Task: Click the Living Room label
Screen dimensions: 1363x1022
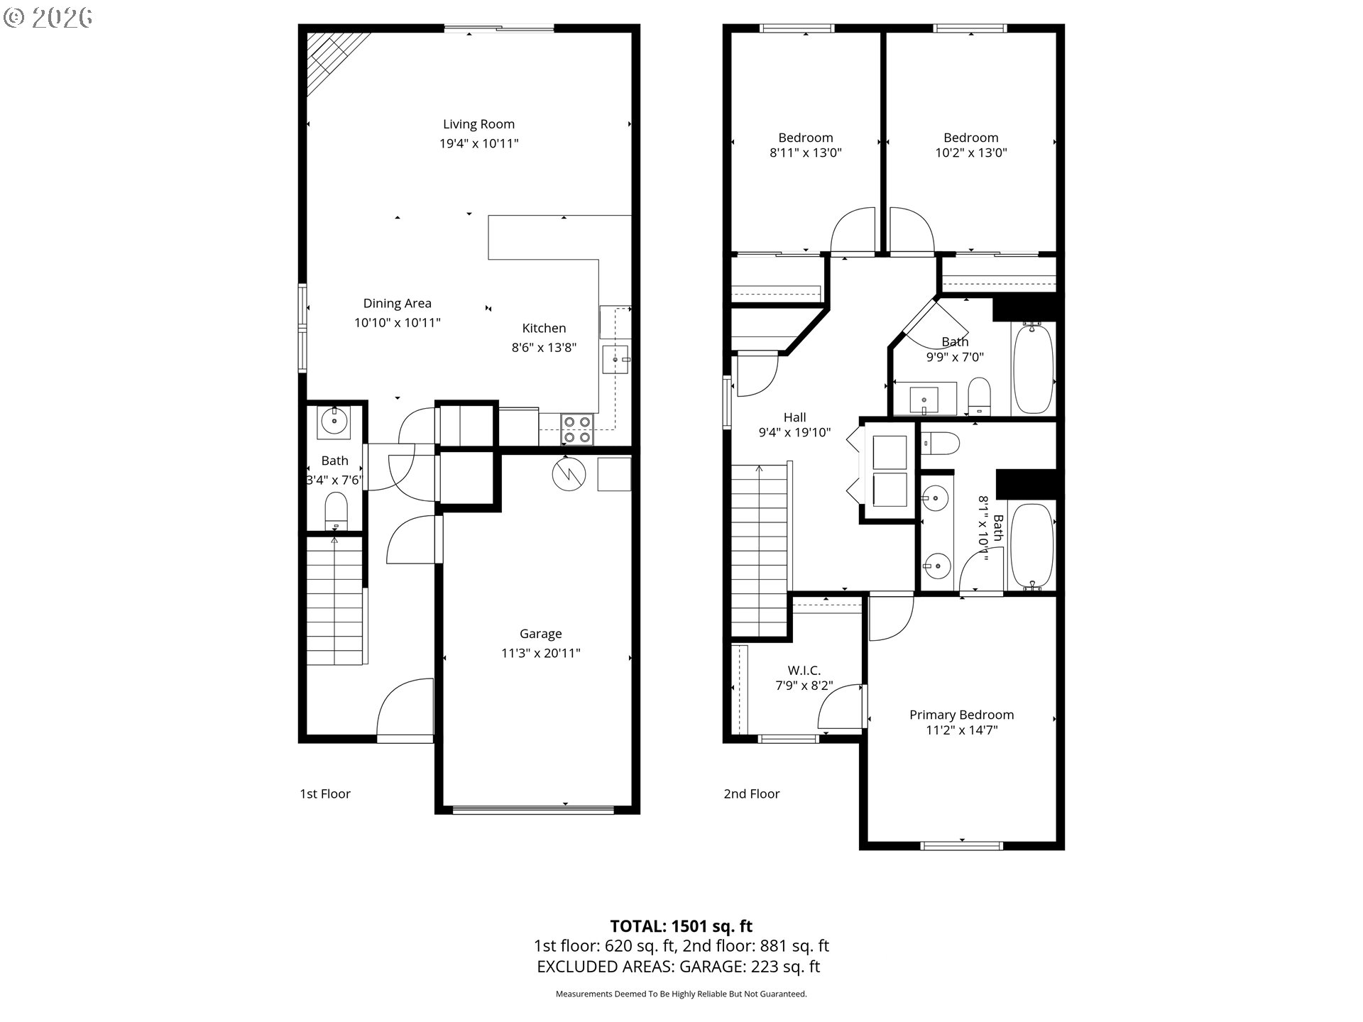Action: [479, 124]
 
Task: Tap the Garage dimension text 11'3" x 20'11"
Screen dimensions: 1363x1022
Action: [541, 653]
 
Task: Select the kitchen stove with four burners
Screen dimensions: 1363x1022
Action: [576, 429]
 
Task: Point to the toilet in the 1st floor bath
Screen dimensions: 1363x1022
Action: [336, 512]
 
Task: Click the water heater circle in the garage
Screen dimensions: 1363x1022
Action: [568, 474]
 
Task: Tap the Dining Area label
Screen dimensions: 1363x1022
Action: [398, 304]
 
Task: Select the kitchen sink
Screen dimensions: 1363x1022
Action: [615, 360]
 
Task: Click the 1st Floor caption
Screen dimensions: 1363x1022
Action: [325, 793]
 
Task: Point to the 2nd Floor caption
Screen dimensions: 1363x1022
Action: [752, 793]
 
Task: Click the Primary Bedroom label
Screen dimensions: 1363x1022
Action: [962, 715]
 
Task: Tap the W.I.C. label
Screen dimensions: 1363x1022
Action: [804, 671]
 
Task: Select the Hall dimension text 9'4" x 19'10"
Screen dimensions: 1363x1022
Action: [795, 432]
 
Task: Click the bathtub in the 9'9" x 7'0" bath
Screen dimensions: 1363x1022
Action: [1034, 368]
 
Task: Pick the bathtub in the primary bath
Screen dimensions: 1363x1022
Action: [1032, 546]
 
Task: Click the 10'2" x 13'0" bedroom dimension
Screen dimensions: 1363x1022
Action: [971, 153]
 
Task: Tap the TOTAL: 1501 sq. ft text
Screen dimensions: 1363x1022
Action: [681, 926]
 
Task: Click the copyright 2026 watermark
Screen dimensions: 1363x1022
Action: [48, 18]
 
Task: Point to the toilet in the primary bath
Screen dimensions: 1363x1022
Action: [941, 444]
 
